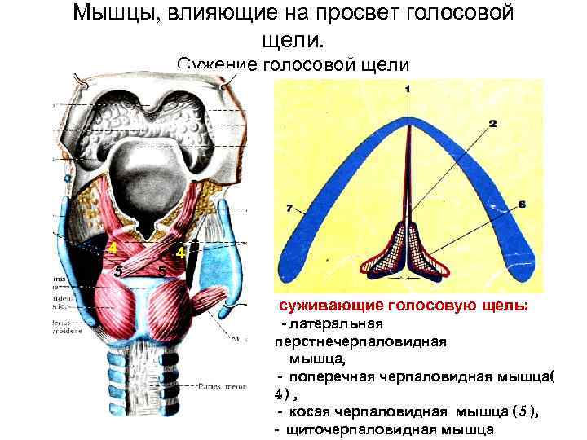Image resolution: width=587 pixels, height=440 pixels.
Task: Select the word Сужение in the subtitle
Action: tap(214, 65)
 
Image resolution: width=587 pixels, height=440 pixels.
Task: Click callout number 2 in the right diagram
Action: tap(492, 125)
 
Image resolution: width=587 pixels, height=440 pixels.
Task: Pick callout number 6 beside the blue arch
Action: tap(521, 202)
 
